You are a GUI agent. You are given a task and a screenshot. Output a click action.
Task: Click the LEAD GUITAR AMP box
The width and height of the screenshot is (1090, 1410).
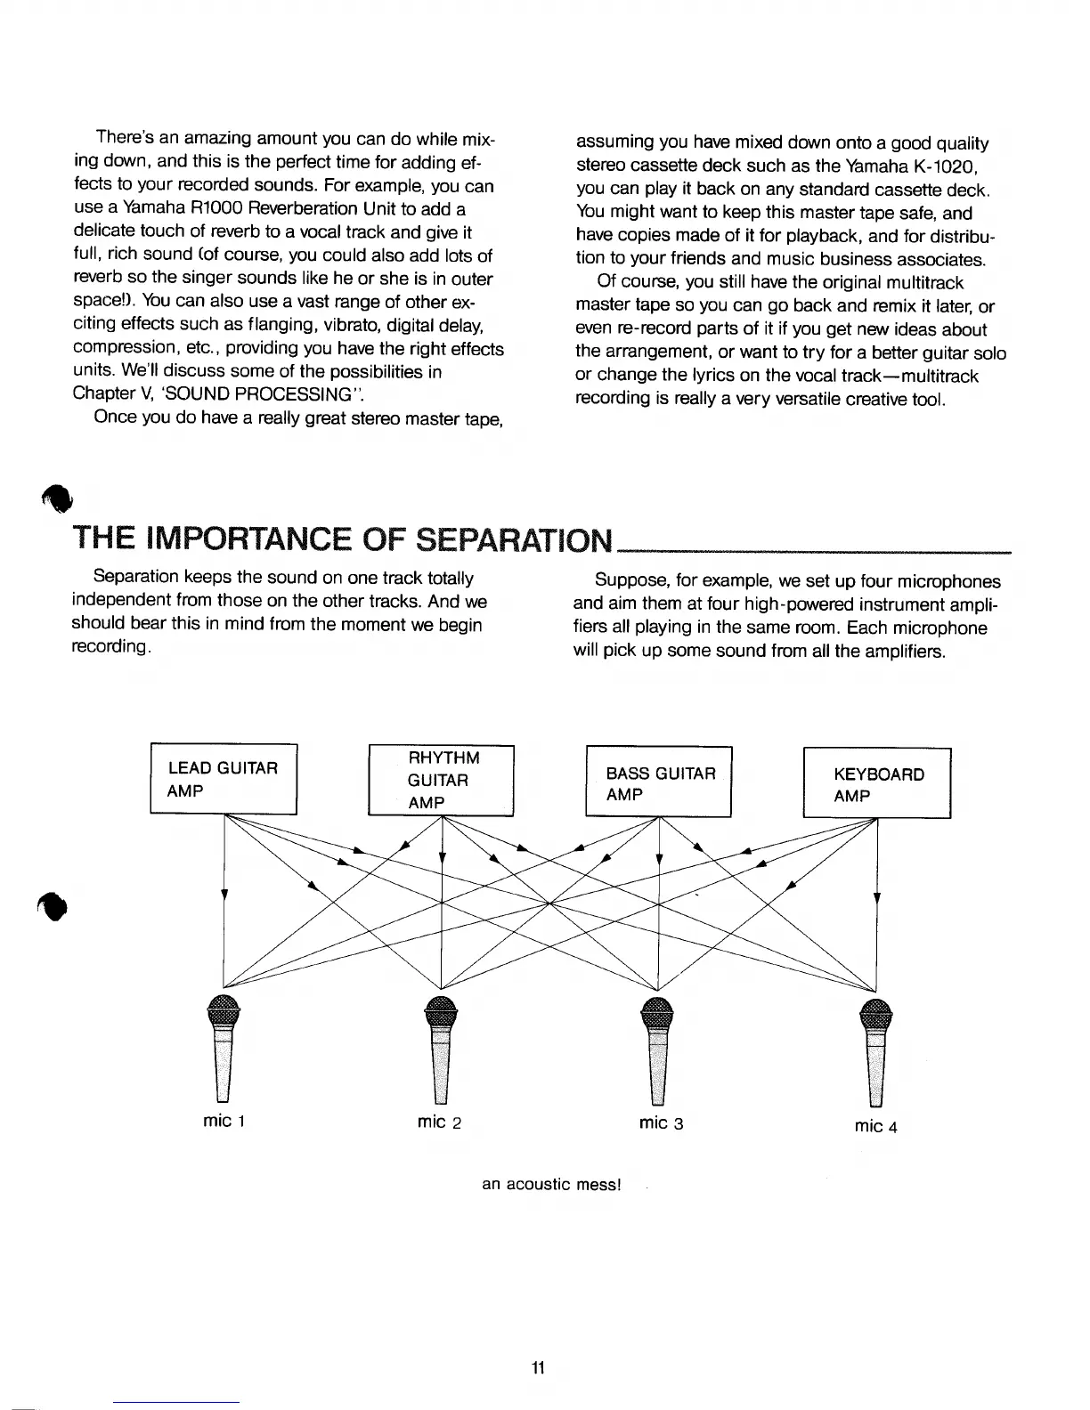click(224, 778)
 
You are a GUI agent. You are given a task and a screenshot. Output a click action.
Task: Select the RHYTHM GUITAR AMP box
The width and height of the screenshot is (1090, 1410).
click(442, 780)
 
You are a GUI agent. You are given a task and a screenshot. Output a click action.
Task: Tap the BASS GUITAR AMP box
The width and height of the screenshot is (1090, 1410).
click(658, 782)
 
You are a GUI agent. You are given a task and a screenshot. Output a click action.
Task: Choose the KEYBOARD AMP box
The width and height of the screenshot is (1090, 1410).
click(877, 783)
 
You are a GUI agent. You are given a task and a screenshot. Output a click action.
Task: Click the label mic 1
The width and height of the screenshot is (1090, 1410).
click(224, 1121)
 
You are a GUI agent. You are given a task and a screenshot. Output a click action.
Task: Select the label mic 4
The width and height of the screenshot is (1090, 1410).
click(876, 1126)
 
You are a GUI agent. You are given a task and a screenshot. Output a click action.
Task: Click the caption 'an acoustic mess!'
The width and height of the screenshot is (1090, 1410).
click(550, 1185)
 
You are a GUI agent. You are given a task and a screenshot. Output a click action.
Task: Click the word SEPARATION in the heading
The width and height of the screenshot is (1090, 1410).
click(515, 539)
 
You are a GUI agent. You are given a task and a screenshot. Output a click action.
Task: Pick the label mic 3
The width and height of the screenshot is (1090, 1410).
click(661, 1122)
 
